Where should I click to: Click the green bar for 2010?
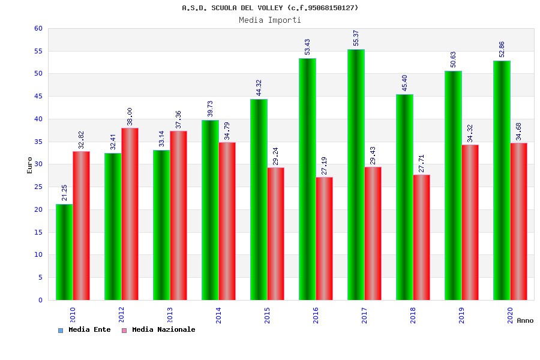[64, 252]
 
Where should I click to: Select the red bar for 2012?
[130, 214]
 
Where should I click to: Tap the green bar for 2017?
[356, 175]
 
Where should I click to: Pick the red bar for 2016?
[325, 238]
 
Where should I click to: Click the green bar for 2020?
[502, 180]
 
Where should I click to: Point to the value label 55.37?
[356, 38]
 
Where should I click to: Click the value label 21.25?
[65, 193]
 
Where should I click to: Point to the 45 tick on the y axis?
[38, 97]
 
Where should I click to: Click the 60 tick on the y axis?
[38, 28]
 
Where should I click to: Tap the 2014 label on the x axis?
[218, 315]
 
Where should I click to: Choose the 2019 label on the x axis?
[461, 315]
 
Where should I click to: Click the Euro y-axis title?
[30, 165]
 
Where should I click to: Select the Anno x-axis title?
[525, 320]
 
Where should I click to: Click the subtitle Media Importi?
[270, 20]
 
